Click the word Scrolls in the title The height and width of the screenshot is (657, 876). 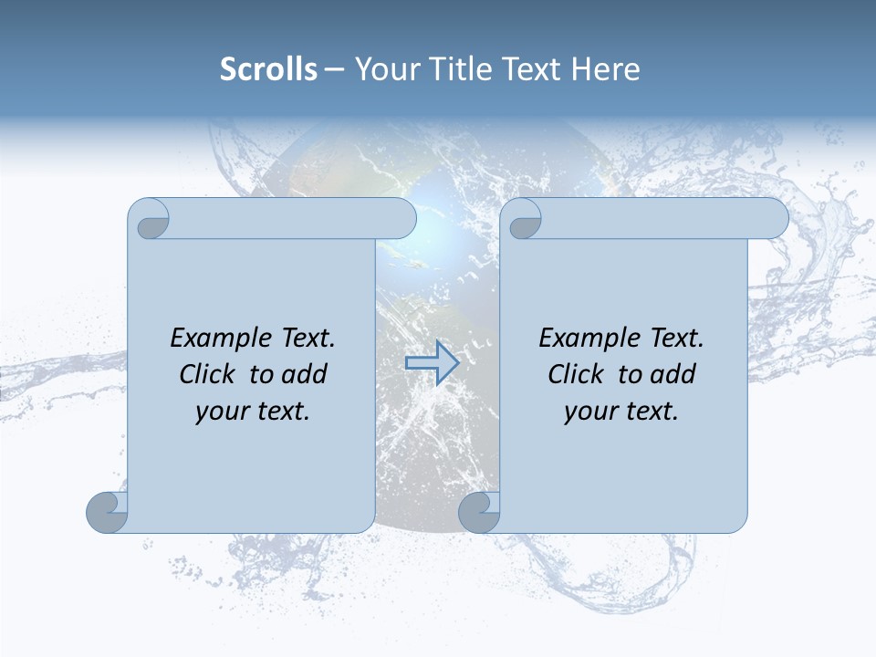(x=268, y=69)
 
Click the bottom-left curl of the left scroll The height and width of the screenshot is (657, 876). (x=107, y=512)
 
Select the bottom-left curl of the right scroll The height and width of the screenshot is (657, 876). (x=478, y=512)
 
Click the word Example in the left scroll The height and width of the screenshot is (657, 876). (x=216, y=339)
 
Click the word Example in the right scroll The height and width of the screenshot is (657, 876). (x=585, y=339)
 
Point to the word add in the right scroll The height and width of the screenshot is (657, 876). (x=673, y=375)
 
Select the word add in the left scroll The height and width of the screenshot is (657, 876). (x=305, y=375)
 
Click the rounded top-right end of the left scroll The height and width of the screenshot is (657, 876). (x=401, y=218)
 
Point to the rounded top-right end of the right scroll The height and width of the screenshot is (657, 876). (x=774, y=218)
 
